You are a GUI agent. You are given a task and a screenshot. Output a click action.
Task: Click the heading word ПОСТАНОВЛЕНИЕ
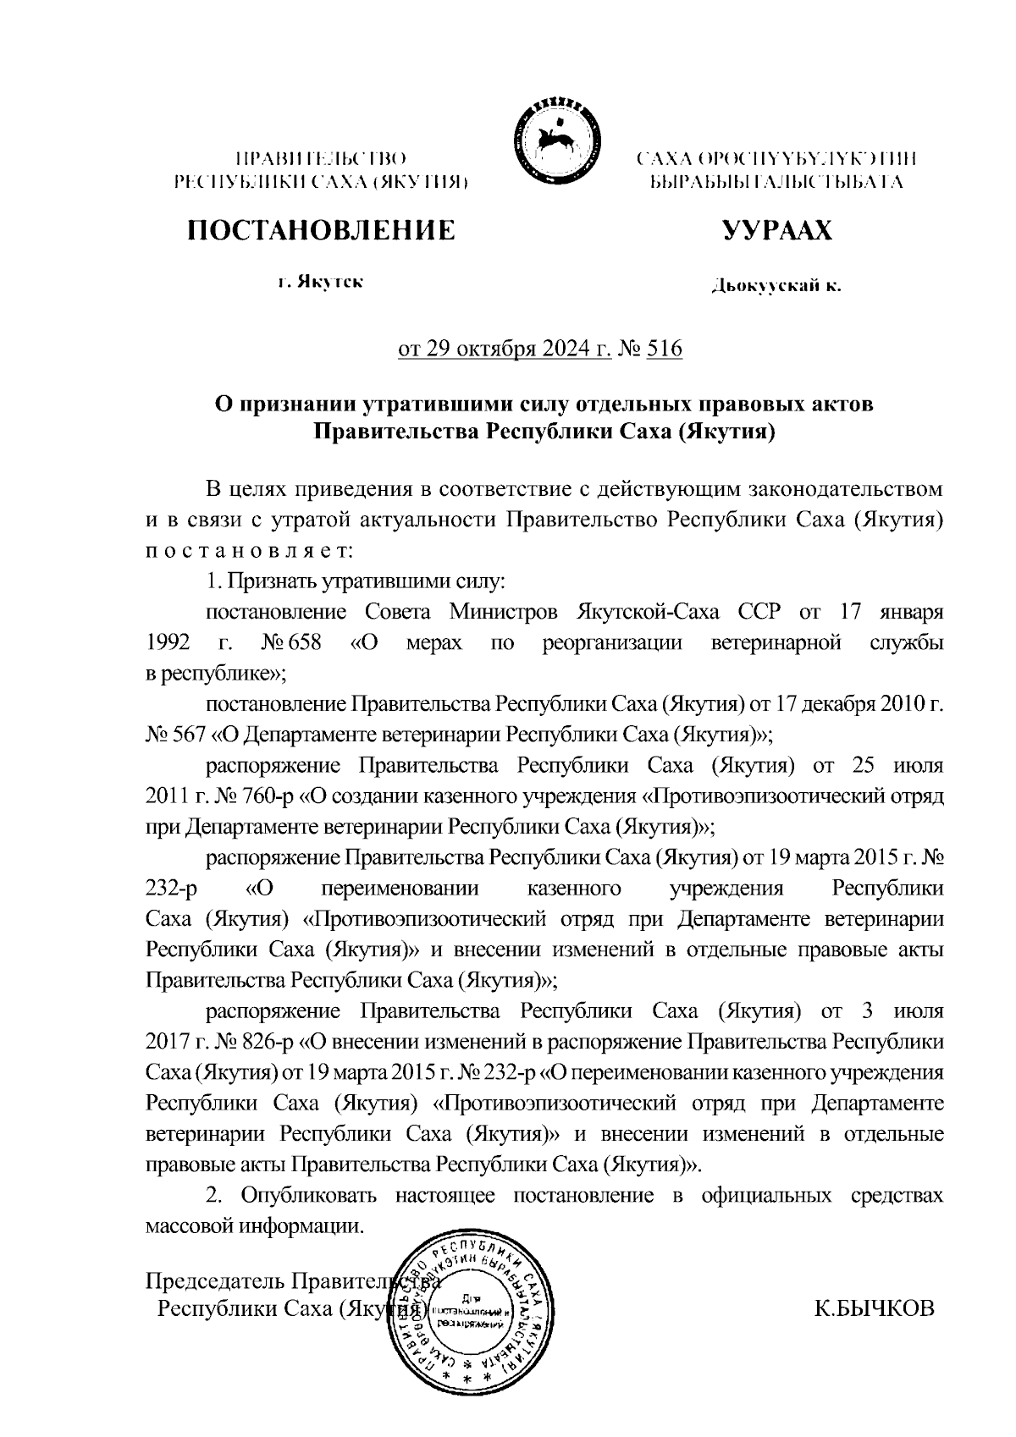click(321, 230)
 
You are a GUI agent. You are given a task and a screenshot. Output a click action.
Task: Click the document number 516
click(664, 349)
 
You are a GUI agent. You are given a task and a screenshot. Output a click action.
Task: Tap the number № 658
click(291, 643)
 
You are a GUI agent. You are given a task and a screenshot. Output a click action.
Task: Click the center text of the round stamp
click(471, 1310)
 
